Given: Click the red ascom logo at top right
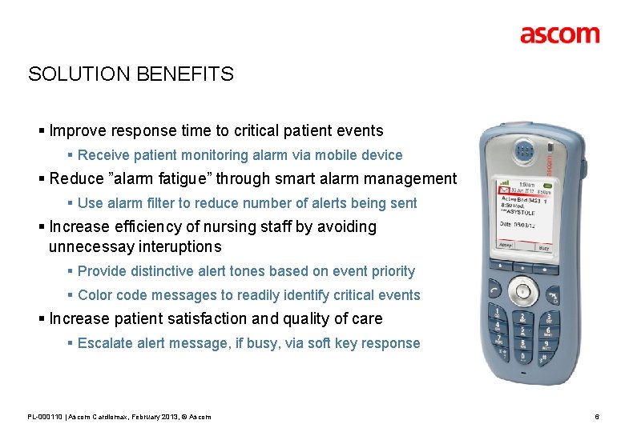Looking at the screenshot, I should [559, 34].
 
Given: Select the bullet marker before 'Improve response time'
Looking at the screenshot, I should [42, 130].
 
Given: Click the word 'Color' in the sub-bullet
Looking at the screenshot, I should [95, 295].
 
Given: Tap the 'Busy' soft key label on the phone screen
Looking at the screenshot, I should [543, 249].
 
